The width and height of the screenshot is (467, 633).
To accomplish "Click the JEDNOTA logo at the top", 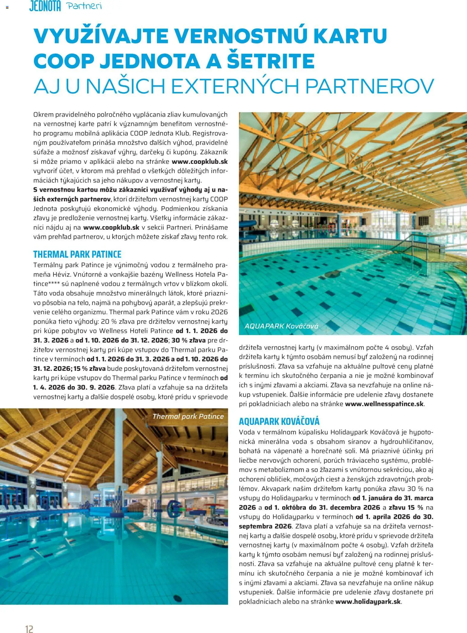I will tap(45, 6).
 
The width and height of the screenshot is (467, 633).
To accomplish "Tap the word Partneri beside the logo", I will tap(84, 6).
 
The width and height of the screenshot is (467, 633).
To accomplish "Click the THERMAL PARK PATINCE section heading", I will tap(77, 254).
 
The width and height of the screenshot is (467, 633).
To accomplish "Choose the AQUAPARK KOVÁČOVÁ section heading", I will tap(279, 421).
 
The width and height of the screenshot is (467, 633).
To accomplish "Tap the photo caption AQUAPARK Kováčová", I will tap(281, 326).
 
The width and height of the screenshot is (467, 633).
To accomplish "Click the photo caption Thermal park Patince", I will tap(188, 416).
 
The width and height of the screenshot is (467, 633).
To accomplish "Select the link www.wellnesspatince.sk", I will tap(384, 404).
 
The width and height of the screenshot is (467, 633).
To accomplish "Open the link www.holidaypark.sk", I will tap(368, 601).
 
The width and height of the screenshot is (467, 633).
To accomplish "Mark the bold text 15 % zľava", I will tap(89, 368).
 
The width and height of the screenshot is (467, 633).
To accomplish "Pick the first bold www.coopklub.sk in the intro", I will tap(199, 161).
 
